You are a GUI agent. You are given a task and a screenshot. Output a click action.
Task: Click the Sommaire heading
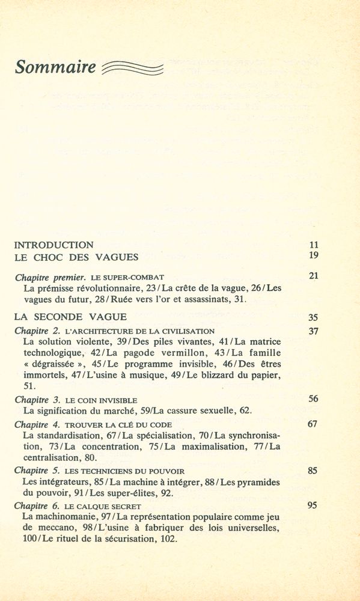(x=55, y=67)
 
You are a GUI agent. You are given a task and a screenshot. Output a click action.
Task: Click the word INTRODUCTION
(x=53, y=245)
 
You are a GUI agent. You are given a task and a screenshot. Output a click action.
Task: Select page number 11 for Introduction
(x=313, y=245)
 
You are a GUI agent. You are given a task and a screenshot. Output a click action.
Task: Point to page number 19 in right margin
(x=313, y=255)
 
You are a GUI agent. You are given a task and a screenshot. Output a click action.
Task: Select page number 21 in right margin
(x=313, y=276)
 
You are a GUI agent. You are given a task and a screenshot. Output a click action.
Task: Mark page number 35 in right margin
(x=313, y=317)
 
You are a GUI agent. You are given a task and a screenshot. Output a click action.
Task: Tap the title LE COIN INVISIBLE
(x=100, y=400)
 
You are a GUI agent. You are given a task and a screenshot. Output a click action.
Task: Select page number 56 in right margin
(x=313, y=398)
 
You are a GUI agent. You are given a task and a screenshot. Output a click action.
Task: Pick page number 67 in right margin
(x=313, y=424)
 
